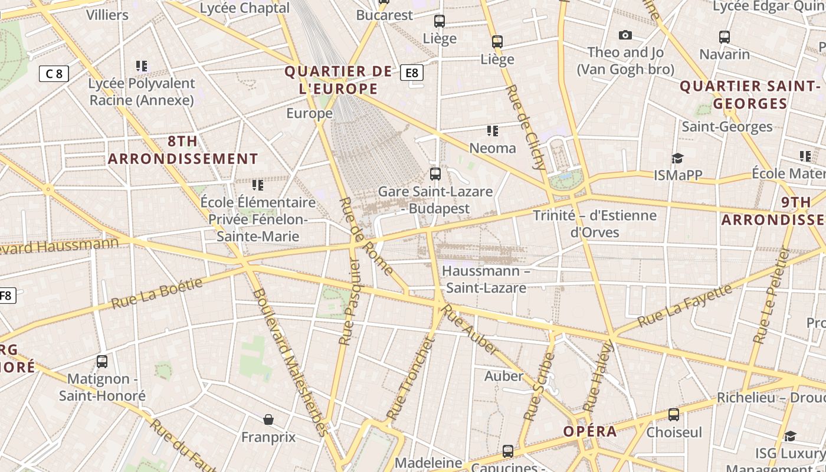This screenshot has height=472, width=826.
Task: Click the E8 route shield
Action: [x=412, y=73]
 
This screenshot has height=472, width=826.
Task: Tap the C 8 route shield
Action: [x=54, y=74]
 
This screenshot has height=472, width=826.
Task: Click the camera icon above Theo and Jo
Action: [x=625, y=35]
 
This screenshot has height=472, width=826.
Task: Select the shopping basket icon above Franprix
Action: [x=268, y=419]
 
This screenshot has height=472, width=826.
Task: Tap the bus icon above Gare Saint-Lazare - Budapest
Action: [x=435, y=173]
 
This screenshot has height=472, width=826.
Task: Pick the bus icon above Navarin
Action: [x=725, y=37]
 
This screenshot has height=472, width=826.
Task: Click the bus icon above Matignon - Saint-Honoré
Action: [x=102, y=361]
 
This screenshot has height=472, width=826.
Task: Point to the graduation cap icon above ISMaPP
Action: [x=677, y=158]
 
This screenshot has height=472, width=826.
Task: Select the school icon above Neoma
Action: [x=492, y=130]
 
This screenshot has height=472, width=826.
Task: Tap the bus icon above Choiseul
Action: [x=674, y=415]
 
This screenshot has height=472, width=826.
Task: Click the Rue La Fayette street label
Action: [x=685, y=306]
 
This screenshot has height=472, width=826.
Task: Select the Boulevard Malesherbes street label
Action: [x=290, y=362]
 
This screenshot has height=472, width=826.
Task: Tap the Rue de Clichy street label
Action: [x=526, y=127]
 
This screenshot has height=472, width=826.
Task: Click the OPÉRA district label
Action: [x=590, y=431]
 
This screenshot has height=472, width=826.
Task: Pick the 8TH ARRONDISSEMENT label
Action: [x=183, y=150]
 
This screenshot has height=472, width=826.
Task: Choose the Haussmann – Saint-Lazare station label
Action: [x=486, y=279]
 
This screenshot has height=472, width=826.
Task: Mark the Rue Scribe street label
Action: [x=540, y=386]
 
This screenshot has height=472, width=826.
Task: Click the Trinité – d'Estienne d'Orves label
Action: [x=595, y=223]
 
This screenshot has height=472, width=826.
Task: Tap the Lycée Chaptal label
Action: [x=245, y=8]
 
